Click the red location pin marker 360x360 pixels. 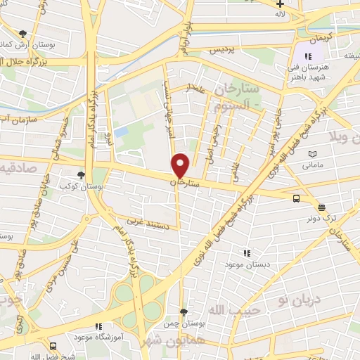181,165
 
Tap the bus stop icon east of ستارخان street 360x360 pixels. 297,198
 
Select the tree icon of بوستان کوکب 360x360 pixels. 82,175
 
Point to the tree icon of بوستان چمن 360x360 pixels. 184,311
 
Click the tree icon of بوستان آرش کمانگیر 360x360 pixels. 23,34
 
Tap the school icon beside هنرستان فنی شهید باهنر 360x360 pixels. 307,56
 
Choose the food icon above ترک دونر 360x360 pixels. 321,207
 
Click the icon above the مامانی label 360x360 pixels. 312,153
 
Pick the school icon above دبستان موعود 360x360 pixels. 245,253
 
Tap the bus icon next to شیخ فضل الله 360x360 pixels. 54,347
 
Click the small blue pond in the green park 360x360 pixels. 122,131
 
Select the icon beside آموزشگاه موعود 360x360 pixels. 98,326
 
